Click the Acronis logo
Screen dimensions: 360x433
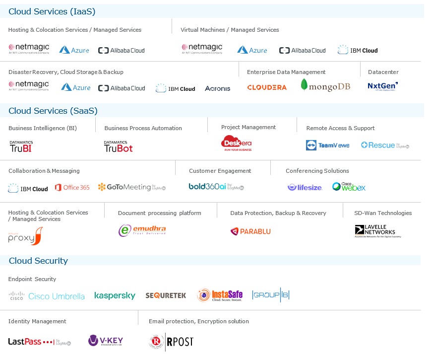click(x=217, y=88)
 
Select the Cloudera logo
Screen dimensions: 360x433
click(x=267, y=87)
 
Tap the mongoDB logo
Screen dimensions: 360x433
click(x=325, y=86)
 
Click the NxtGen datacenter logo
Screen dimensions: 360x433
click(x=382, y=86)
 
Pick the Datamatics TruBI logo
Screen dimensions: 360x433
click(x=21, y=146)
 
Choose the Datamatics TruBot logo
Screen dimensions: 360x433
click(x=118, y=146)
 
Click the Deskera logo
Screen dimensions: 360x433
click(x=237, y=143)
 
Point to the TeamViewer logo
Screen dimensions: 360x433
click(x=327, y=145)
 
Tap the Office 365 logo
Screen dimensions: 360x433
click(x=72, y=187)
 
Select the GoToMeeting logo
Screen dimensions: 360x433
click(x=131, y=187)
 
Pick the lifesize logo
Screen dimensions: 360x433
click(x=305, y=187)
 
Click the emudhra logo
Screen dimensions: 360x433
click(x=142, y=230)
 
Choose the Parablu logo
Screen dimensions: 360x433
click(x=250, y=231)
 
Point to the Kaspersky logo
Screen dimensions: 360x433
click(x=115, y=295)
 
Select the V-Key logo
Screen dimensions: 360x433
click(x=106, y=341)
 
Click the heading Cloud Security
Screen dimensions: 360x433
click(x=38, y=261)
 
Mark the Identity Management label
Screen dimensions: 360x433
click(x=37, y=321)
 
